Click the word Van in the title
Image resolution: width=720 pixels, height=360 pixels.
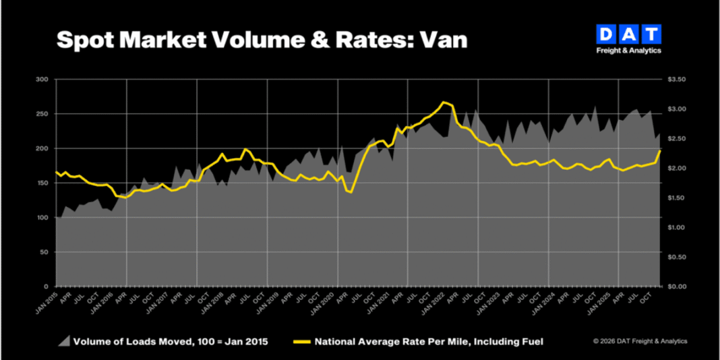coord(442,40)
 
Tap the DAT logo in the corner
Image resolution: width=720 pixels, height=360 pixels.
coord(629,34)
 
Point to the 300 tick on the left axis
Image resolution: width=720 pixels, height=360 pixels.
coord(42,80)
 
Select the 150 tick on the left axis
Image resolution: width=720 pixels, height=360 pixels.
coord(42,183)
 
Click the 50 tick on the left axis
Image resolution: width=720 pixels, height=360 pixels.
coord(44,251)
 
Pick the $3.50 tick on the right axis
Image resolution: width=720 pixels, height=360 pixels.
coord(676,80)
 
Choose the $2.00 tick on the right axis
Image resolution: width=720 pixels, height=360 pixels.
coord(676,168)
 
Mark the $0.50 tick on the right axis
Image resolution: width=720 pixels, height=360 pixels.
coord(676,257)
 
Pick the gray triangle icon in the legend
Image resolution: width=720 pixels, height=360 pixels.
coord(63,342)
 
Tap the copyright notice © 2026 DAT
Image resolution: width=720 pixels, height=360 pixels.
coord(640,341)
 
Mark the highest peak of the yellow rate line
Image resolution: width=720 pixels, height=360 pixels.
coord(444,102)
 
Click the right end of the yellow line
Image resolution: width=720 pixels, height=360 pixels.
coord(660,150)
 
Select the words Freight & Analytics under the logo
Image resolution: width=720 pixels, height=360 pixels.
coord(629,51)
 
